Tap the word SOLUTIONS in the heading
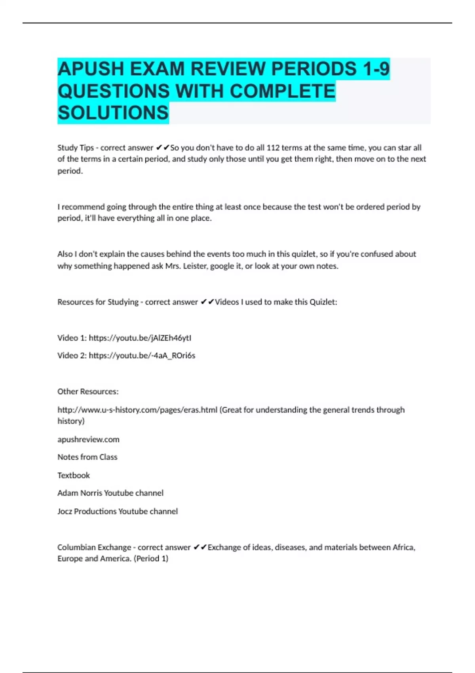point(113,113)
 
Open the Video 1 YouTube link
point(140,338)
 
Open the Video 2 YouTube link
point(142,356)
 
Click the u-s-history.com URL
point(137,410)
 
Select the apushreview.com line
point(88,439)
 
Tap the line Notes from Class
point(87,457)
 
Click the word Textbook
point(74,475)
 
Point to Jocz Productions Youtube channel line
point(118,511)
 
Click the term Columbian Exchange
point(94,547)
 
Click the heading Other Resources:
point(88,392)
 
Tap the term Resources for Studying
point(98,302)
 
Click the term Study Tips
point(76,148)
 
